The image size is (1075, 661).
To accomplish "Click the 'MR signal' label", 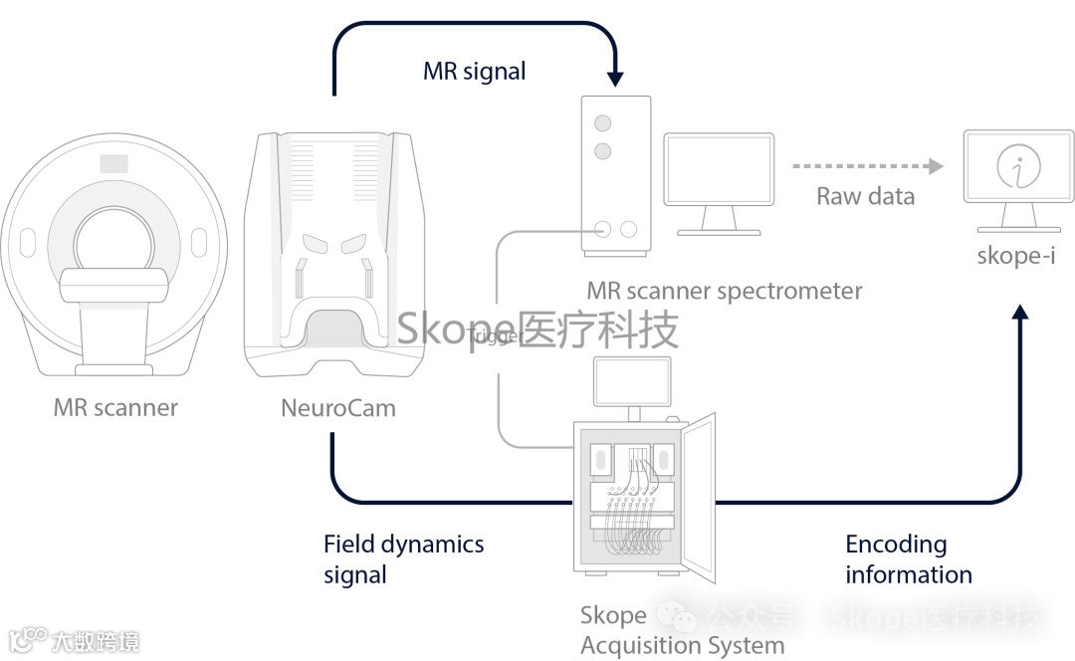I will (x=474, y=72).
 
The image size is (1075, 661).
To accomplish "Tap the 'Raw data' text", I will (x=865, y=196).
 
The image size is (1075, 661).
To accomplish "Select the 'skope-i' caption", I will (x=1015, y=256).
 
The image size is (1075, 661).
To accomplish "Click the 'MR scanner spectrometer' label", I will (x=724, y=292).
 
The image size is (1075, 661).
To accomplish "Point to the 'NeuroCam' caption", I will (x=337, y=407).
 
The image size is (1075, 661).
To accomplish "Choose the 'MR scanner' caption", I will (x=115, y=407).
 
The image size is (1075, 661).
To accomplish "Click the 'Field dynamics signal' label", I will (x=403, y=559).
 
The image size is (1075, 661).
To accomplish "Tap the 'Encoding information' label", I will (x=908, y=559).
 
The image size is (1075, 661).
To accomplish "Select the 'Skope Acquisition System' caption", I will (x=682, y=630).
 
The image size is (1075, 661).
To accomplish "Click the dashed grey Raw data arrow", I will (x=866, y=165).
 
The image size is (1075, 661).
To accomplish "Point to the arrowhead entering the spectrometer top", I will (x=615, y=77).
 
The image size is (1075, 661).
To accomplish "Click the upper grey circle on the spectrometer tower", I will (x=602, y=123).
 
